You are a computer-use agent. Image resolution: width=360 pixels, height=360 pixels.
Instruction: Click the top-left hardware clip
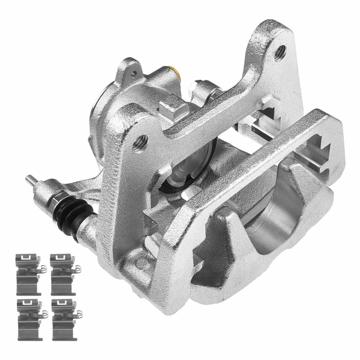tap(29, 266)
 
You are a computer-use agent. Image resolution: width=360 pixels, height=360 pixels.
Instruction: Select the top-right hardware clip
tap(64, 266)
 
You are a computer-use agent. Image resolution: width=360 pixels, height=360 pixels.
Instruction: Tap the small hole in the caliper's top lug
tap(134, 74)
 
